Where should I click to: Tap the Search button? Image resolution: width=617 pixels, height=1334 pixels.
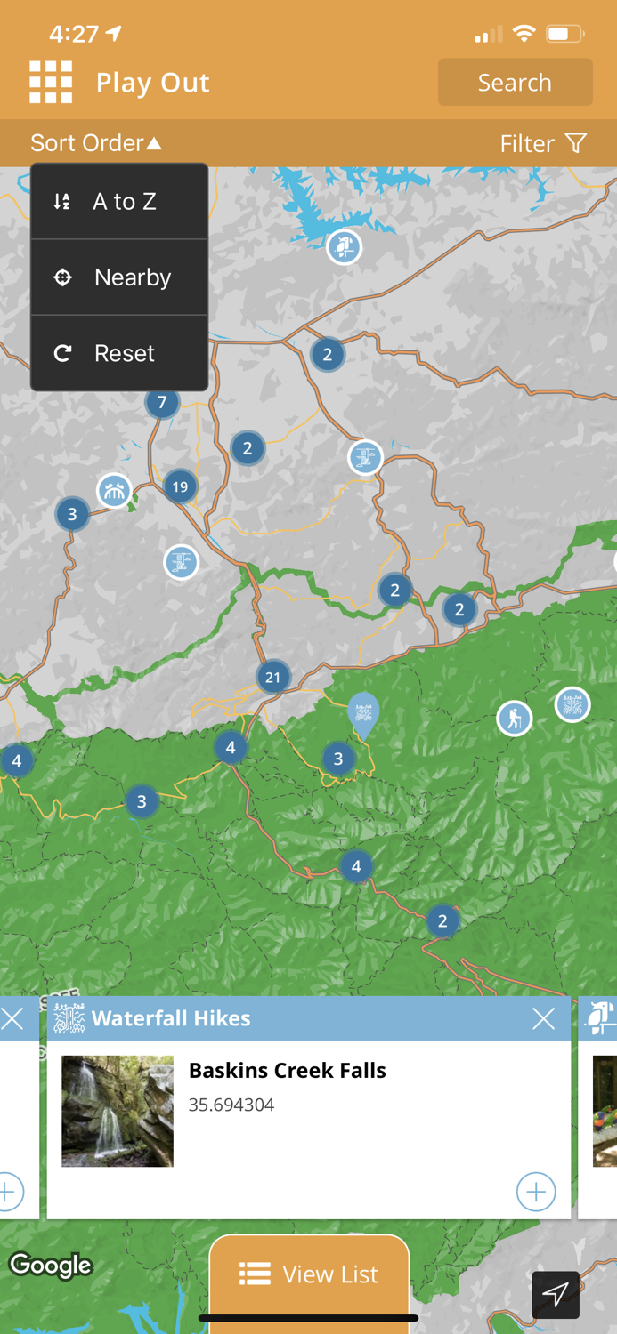515,83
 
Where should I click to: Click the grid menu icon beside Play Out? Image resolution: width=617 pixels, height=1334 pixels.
51,83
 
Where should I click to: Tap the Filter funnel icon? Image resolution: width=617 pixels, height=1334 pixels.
576,143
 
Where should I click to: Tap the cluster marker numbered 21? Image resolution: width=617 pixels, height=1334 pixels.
272,678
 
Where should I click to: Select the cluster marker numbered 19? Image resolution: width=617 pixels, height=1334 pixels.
181,486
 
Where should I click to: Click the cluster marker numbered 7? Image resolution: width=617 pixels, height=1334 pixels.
162,403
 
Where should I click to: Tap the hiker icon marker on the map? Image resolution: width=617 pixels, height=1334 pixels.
514,719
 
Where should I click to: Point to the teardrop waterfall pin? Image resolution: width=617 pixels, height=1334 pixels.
362,713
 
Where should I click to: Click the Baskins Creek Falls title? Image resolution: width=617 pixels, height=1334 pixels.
287,1071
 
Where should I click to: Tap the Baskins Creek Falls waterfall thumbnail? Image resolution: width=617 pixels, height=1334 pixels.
118,1111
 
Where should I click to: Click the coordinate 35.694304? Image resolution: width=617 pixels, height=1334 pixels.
231,1105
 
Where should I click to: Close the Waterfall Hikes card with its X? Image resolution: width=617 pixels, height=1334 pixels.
543,1019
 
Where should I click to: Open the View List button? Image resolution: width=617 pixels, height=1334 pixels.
309,1274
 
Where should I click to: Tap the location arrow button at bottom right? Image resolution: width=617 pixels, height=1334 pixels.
556,1294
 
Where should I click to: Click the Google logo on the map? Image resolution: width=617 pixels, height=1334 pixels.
51,1265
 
